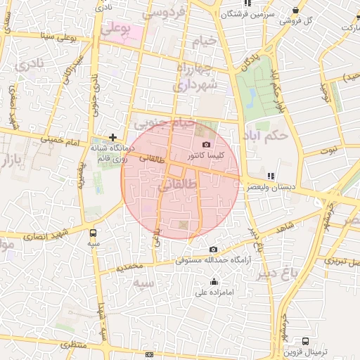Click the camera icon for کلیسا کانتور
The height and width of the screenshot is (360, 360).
click(206, 144)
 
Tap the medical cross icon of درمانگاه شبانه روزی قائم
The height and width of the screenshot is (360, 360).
click(112, 137)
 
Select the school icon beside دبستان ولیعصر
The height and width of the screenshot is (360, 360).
click(271, 176)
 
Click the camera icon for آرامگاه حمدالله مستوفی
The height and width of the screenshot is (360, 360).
click(214, 250)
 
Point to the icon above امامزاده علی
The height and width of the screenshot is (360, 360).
click(214, 282)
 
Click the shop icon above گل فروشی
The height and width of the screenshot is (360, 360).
click(296, 11)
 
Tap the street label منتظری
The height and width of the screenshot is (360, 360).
click(74, 346)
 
